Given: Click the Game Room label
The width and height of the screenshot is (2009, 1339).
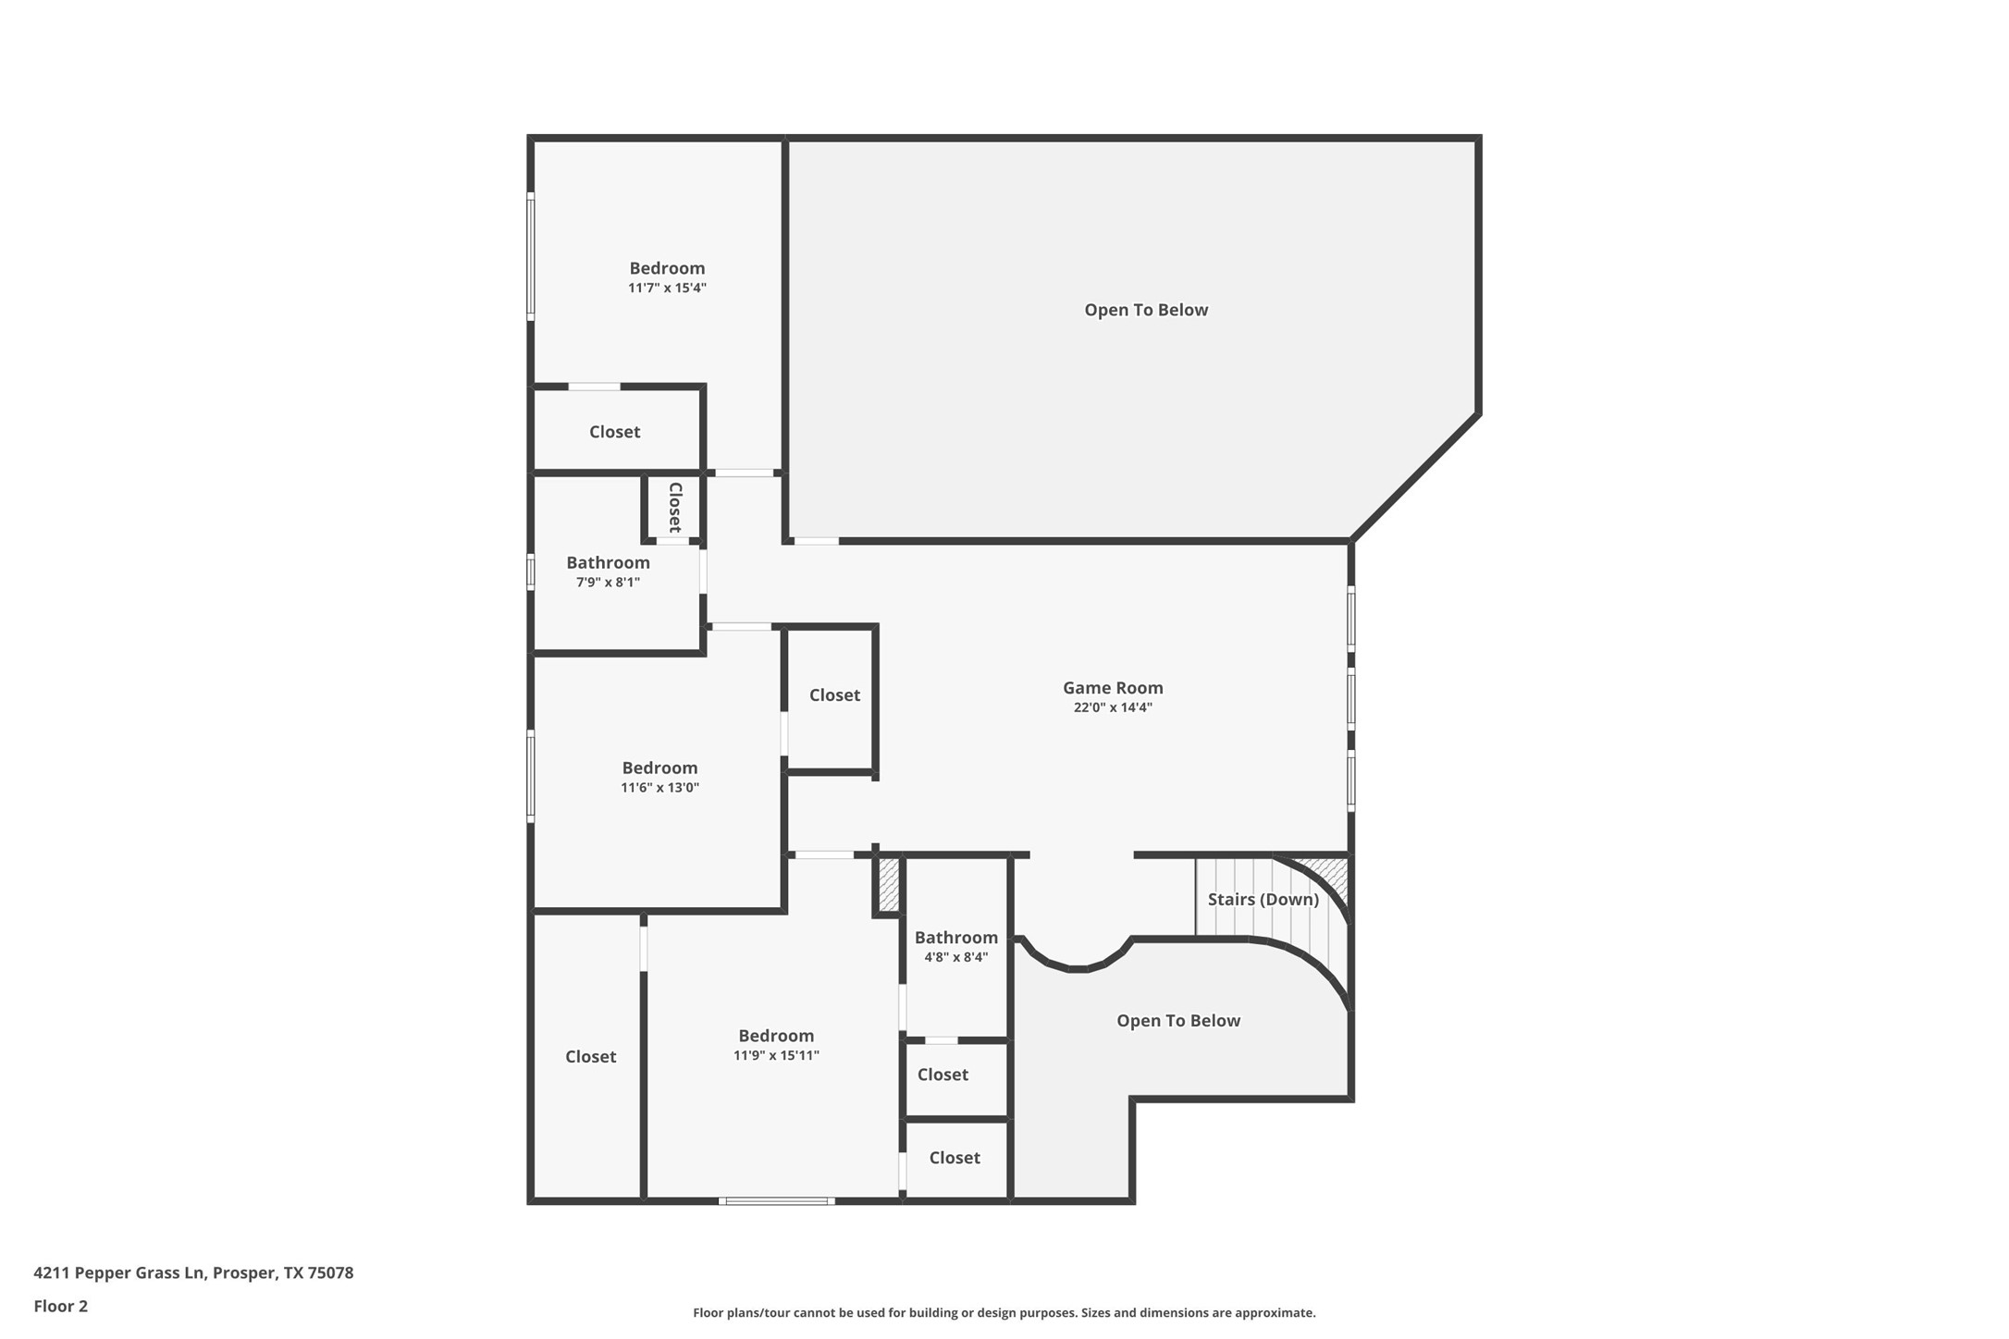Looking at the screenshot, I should (1112, 687).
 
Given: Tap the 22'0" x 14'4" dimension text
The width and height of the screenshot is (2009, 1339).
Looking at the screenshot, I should (1112, 707).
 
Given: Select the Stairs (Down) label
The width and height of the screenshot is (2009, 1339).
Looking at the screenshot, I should (1263, 899).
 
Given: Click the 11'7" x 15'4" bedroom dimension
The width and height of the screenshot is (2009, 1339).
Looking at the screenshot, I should (667, 288).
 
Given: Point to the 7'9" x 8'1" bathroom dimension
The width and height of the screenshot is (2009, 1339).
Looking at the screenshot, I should (608, 582).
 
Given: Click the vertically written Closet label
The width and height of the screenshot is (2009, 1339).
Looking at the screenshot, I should (675, 507).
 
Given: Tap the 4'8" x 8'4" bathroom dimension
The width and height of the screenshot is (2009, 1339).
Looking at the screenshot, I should (955, 957).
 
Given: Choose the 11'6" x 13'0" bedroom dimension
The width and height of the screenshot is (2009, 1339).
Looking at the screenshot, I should (659, 788).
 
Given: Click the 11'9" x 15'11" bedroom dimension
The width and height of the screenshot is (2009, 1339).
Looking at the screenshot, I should (776, 1055).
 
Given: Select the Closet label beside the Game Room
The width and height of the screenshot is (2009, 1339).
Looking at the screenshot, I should (834, 694).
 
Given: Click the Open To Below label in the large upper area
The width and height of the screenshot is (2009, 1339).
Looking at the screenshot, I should (1146, 310).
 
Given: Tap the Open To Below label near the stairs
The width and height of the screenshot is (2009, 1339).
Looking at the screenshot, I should (1177, 1020).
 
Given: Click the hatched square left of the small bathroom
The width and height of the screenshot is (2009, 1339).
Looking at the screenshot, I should (888, 885).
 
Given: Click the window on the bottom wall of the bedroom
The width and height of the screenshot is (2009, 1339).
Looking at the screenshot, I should (777, 1200).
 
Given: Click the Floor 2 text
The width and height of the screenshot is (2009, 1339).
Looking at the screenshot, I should (60, 1306).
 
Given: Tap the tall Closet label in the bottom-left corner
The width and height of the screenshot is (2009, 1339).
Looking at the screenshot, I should (590, 1056).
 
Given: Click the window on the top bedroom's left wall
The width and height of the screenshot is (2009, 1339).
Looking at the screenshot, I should (531, 256).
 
